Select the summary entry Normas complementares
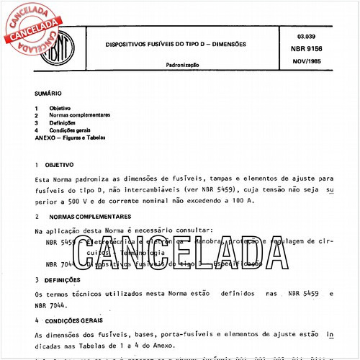click(79, 114)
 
